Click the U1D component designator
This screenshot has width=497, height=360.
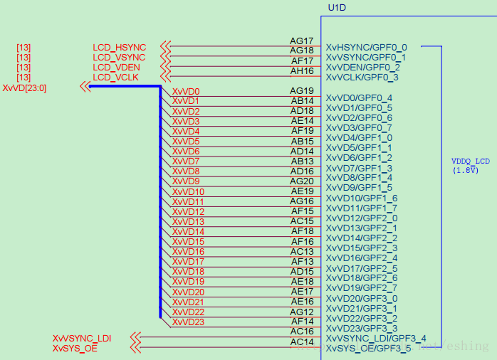tap(336, 8)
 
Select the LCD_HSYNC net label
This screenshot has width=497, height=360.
tap(119, 48)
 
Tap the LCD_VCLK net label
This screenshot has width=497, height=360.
tap(115, 77)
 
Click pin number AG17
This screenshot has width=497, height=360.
tap(302, 41)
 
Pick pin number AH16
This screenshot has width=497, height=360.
tap(302, 71)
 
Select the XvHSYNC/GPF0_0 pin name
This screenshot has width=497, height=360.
tap(367, 47)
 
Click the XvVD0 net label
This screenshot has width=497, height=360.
tap(186, 92)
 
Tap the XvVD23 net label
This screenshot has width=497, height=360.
tap(188, 322)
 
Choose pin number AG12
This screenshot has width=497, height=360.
tap(302, 312)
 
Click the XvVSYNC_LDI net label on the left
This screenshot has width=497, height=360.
tap(82, 338)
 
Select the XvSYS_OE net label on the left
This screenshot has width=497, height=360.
tap(75, 348)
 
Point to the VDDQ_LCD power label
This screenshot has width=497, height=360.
tap(471, 161)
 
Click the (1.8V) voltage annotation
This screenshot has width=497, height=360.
tap(465, 170)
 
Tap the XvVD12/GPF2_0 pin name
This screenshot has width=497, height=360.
tap(362, 218)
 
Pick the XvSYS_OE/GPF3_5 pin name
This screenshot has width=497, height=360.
tap(368, 349)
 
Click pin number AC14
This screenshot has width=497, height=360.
tap(302, 342)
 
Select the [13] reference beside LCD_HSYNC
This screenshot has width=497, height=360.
tap(23, 48)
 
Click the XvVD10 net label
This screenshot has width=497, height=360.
tap(188, 192)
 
